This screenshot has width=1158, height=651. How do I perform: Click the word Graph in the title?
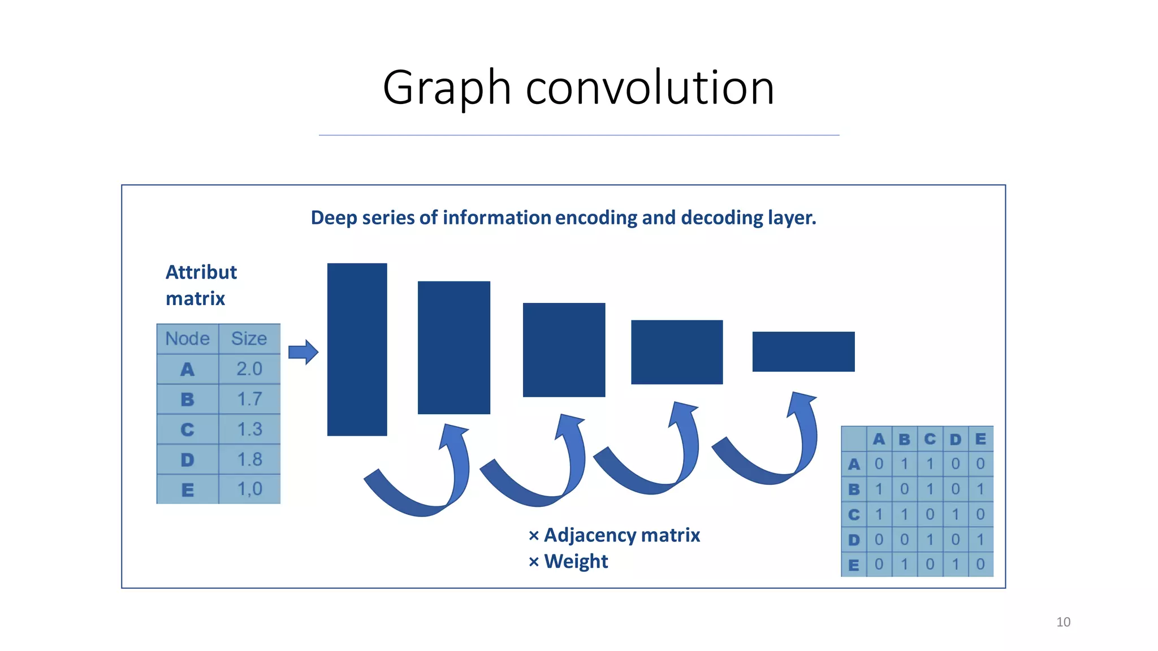click(x=447, y=88)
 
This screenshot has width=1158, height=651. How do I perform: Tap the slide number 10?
click(x=1063, y=622)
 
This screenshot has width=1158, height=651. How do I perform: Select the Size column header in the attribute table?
click(x=249, y=338)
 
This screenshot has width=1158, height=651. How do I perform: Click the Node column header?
click(x=187, y=338)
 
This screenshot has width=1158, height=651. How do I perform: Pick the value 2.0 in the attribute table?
click(x=249, y=369)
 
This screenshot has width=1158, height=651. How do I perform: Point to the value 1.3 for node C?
click(x=249, y=429)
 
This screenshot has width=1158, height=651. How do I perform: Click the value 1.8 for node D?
click(x=249, y=459)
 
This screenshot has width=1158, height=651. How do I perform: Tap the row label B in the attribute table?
click(x=187, y=400)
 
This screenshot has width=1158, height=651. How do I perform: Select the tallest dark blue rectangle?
click(x=357, y=349)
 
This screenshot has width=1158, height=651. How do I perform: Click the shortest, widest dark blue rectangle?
click(x=803, y=351)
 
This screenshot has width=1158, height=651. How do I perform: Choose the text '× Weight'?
click(x=568, y=561)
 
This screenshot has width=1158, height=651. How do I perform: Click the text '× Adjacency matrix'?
click(x=614, y=535)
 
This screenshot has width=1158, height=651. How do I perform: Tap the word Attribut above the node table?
click(x=201, y=272)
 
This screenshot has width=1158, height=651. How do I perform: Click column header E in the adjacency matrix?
click(x=980, y=439)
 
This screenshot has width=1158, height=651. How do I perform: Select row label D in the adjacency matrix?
click(x=854, y=540)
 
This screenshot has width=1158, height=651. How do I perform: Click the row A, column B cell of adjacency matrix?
click(x=904, y=464)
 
